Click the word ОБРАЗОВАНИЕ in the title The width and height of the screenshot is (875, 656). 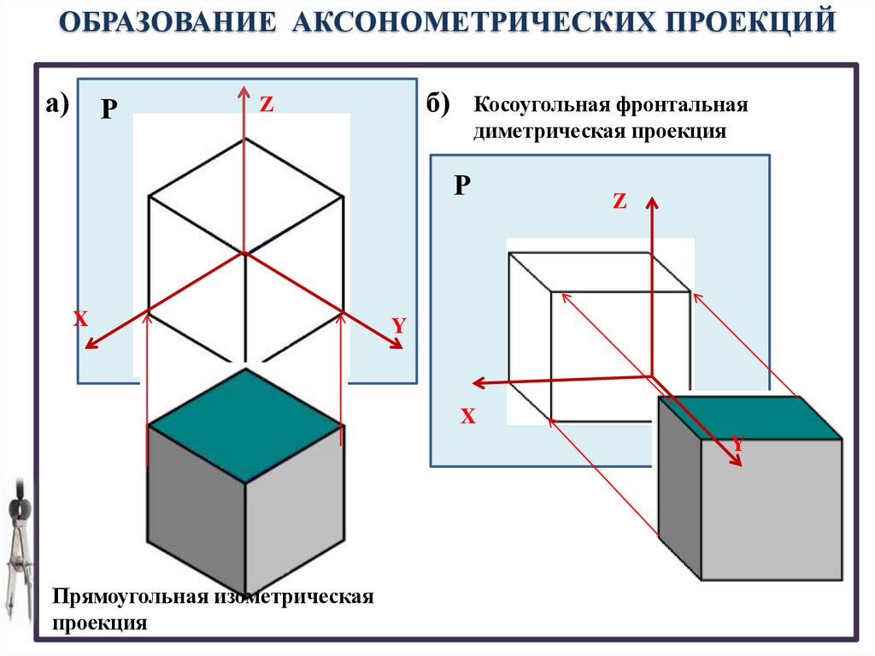pyautogui.click(x=167, y=21)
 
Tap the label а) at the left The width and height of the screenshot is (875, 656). pyautogui.click(x=58, y=104)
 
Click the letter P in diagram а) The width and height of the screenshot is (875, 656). pyautogui.click(x=109, y=109)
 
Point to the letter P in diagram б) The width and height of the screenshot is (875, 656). pyautogui.click(x=461, y=186)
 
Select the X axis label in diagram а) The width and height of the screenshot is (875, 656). pyautogui.click(x=80, y=320)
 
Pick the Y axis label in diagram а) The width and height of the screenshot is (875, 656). pyautogui.click(x=398, y=326)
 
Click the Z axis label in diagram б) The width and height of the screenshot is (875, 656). pyautogui.click(x=620, y=202)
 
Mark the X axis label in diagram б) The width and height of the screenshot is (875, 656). pyautogui.click(x=467, y=417)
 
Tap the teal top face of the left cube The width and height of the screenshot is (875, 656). pyautogui.click(x=245, y=425)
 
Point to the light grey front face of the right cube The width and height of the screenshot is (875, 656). pyautogui.click(x=771, y=509)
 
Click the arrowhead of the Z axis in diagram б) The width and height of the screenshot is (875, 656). pyautogui.click(x=652, y=202)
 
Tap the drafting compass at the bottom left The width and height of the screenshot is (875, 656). pyautogui.click(x=16, y=547)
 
